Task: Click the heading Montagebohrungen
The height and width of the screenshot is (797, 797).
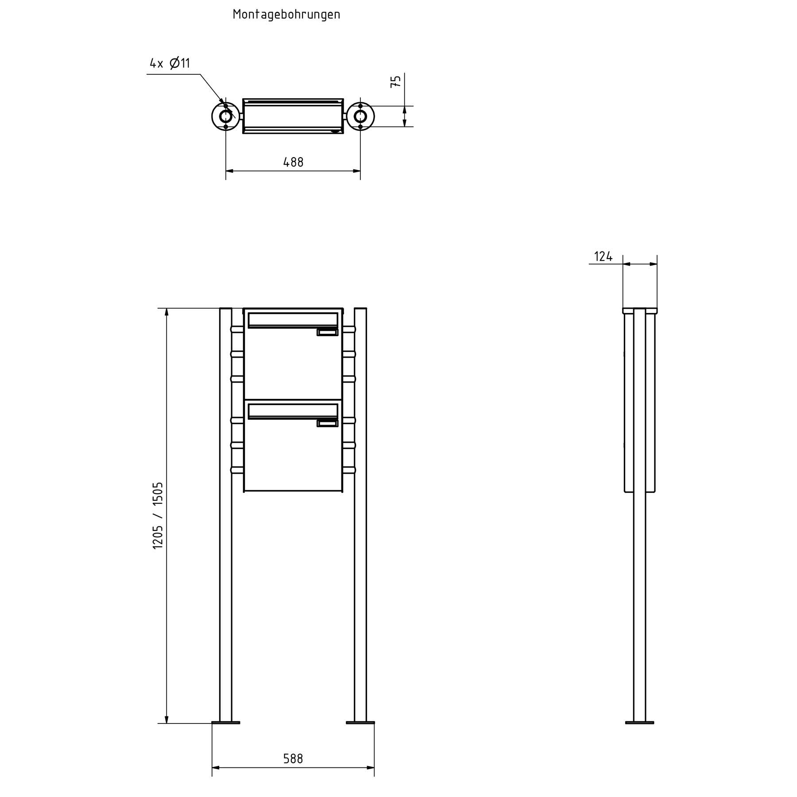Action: [286, 15]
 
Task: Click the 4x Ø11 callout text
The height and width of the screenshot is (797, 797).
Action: [170, 63]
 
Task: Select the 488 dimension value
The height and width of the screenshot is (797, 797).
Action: [293, 162]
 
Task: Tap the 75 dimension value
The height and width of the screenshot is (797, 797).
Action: [395, 81]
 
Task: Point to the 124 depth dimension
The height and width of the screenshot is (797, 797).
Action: [603, 256]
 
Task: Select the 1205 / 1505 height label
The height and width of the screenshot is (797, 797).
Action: [158, 516]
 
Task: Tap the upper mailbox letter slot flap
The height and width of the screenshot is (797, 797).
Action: [293, 320]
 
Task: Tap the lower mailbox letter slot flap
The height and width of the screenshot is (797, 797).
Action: [293, 411]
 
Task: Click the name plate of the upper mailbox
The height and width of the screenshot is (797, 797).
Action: [328, 333]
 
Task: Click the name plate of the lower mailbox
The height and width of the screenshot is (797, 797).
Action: [328, 424]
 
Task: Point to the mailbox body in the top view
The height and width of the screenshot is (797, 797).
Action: [293, 116]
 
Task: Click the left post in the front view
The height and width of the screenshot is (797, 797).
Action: [226, 576]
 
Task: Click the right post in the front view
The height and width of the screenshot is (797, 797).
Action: [360, 576]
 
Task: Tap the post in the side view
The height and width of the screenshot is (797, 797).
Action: [639, 598]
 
